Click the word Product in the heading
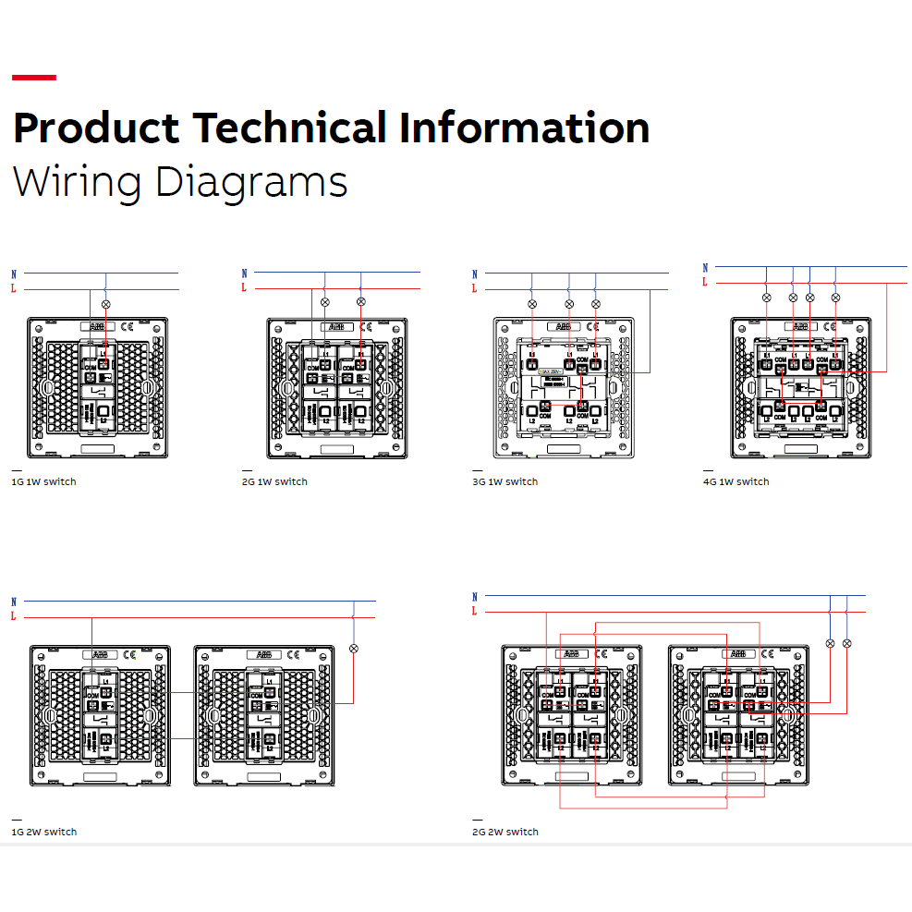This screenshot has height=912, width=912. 96,128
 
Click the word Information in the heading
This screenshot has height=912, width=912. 524,128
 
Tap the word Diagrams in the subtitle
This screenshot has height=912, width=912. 251,181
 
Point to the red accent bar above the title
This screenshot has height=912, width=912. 34,78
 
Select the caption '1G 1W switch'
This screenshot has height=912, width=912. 43,481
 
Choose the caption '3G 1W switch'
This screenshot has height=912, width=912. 505,481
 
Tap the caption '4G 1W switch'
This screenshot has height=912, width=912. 736,481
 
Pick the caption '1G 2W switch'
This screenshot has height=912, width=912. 43,832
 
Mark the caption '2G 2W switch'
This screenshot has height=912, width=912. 505,832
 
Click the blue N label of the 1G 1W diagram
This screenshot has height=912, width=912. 14,274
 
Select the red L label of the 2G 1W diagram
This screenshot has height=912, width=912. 244,287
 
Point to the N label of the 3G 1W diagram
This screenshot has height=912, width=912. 475,274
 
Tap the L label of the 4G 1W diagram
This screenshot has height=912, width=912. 704,282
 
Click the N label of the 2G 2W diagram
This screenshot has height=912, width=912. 475,597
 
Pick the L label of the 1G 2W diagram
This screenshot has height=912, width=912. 14,616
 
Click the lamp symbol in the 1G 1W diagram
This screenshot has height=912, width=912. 105,304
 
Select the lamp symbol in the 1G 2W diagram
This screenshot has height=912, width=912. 353,649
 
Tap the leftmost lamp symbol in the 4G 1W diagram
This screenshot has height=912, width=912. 766,298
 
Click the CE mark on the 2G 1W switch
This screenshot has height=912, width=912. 366,326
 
